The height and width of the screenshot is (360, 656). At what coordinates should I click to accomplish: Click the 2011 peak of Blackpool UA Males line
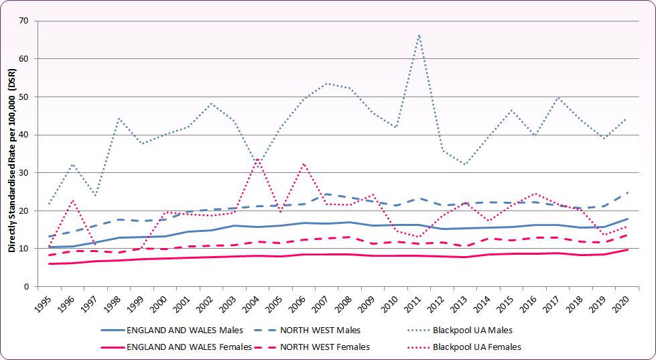coord(419,34)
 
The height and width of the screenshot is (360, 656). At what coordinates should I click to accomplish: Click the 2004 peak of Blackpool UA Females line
coord(257,159)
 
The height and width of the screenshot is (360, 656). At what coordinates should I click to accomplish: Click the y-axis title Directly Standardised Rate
coord(11,154)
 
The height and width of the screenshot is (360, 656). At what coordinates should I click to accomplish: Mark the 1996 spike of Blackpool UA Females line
coord(72,200)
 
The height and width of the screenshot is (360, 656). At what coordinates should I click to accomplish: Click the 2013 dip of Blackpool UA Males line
coord(466,164)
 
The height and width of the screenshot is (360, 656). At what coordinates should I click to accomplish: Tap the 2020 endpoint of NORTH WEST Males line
coord(628,193)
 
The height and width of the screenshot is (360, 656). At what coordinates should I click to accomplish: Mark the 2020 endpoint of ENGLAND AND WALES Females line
coord(628,249)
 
